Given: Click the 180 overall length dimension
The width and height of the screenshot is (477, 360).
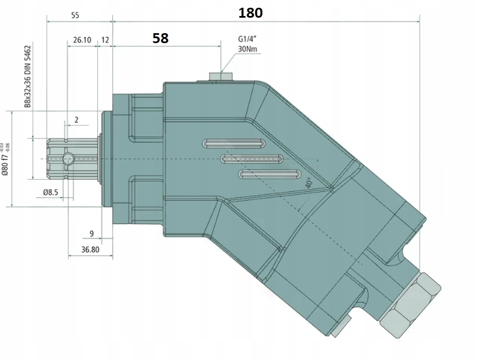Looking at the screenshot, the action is click(x=250, y=13).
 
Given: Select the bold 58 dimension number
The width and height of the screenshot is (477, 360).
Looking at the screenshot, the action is click(x=160, y=38).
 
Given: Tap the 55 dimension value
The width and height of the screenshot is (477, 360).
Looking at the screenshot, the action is click(x=75, y=15).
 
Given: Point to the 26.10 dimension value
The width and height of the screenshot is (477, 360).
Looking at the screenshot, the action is click(x=81, y=40).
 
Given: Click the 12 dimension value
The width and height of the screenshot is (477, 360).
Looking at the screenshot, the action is click(x=105, y=40).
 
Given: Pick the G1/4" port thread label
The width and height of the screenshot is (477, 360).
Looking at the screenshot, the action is click(x=247, y=40).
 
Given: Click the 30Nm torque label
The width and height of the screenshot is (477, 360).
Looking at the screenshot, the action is click(x=247, y=49).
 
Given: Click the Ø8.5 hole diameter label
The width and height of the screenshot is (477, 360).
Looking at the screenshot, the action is click(x=50, y=192).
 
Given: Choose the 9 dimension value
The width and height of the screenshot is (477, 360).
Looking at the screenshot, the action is click(x=91, y=232).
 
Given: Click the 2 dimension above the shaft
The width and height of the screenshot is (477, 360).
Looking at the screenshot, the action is click(x=76, y=119).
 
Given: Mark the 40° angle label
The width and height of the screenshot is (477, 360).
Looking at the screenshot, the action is click(x=309, y=182).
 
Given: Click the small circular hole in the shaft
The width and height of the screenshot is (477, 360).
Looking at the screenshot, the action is click(x=69, y=159).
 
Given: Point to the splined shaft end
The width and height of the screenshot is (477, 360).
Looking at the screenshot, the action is click(x=66, y=159).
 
